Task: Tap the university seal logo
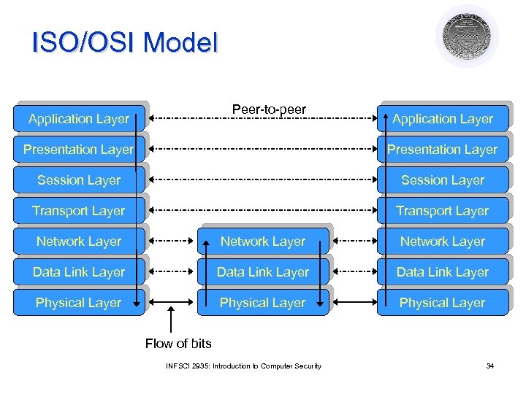coord(467,36)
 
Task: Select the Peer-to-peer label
coord(269,109)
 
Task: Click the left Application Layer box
coord(79,119)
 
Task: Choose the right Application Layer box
coord(443,119)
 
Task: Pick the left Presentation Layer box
coord(79,150)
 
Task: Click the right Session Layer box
coord(443,180)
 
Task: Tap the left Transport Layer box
coord(79,211)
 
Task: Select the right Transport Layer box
coord(443,211)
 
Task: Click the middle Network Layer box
coord(263,242)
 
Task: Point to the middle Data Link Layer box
coord(263,272)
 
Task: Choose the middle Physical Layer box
coord(263,303)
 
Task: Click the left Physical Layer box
coord(79,303)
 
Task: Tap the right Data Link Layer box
coord(443,272)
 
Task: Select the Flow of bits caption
coord(178,344)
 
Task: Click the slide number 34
coord(490,366)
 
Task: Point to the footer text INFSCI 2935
coord(243,366)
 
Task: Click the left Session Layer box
coord(79,180)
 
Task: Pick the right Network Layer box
coord(443,242)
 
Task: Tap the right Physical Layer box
coord(443,303)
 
